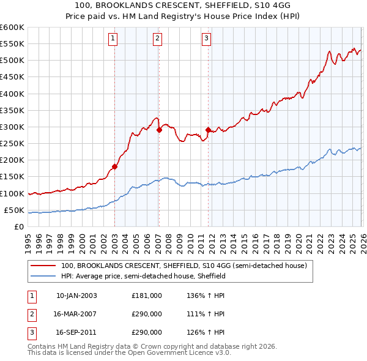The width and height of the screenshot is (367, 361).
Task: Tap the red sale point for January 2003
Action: [114, 166]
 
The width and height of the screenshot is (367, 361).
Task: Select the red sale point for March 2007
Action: [159, 130]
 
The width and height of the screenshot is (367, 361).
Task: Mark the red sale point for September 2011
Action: [209, 130]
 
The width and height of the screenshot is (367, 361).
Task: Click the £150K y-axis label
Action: [12, 177]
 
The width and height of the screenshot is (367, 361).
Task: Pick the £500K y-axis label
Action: [12, 61]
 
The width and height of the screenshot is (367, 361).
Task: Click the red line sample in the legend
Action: [43, 266]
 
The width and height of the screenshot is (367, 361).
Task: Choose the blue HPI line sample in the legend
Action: [43, 277]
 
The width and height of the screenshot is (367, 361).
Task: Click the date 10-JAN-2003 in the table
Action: [76, 296]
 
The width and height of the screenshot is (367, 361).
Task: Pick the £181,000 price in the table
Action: [147, 296]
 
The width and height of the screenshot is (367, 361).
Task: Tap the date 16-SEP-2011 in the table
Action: [76, 333]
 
